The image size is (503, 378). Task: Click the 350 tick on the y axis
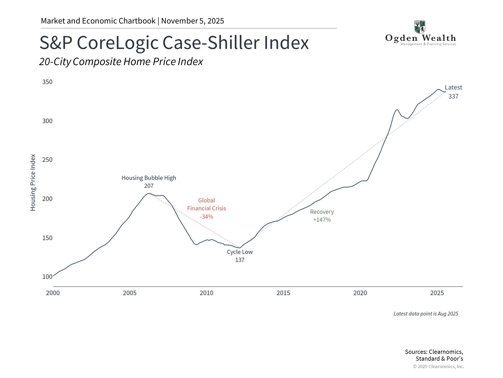[47, 82]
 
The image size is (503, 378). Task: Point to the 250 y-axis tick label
[47, 160]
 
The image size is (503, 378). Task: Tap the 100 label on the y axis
[47, 277]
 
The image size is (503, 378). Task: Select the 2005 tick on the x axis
[130, 293]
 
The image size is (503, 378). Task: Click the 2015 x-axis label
[283, 293]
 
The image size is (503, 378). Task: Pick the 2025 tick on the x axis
[437, 293]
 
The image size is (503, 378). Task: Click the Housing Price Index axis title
[33, 182]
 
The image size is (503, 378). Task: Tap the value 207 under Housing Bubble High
[149, 186]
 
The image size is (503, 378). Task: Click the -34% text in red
[206, 217]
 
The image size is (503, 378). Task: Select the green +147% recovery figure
[322, 220]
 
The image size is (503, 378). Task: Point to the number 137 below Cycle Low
[240, 260]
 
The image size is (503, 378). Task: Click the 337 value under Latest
[453, 96]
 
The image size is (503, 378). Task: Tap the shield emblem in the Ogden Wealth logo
[420, 27]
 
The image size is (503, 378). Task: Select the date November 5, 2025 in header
[193, 21]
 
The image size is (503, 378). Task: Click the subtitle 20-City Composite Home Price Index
[121, 62]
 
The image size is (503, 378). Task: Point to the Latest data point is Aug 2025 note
[426, 314]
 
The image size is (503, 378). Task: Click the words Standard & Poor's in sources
[439, 359]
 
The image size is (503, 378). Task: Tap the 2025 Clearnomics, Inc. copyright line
[439, 366]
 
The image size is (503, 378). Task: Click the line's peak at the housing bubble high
[149, 193]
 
